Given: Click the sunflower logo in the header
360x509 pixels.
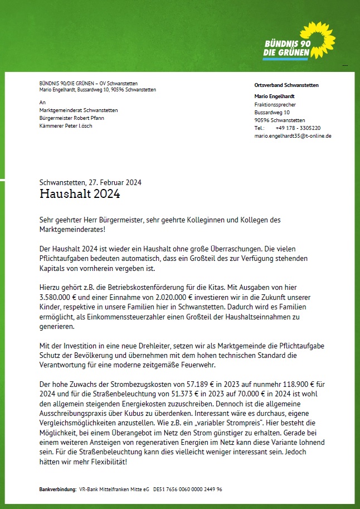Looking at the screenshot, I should [x=318, y=37].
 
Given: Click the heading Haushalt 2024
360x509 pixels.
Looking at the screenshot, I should [x=80, y=194].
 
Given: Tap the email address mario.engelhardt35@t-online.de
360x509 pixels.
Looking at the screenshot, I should [x=293, y=135].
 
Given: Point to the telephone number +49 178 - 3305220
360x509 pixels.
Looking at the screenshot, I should [x=298, y=128].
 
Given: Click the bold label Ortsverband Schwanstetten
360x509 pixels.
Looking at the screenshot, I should [x=286, y=85].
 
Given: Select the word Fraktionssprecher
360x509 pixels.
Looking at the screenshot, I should [x=275, y=104].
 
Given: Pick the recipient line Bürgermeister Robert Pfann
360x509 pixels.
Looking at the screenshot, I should [x=72, y=118].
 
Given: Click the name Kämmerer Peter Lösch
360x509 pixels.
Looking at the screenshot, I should [x=66, y=125].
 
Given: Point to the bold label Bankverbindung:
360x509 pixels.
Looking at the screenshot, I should [x=58, y=489].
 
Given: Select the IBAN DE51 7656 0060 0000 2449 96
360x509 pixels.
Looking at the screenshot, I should [x=188, y=489].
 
